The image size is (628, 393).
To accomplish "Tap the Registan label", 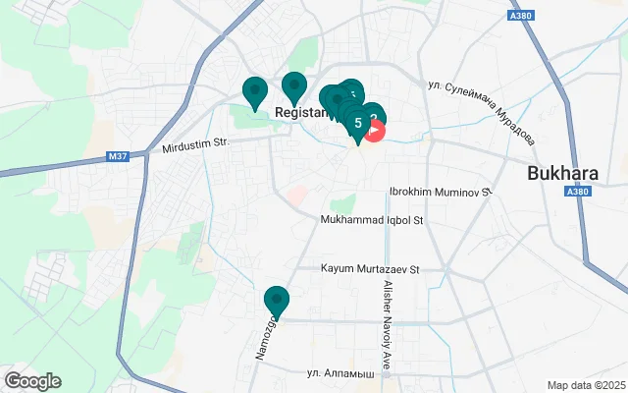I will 299,113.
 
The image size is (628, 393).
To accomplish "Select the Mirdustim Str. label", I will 194,145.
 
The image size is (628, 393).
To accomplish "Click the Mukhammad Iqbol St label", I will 373,220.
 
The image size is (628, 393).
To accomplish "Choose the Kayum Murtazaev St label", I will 370,267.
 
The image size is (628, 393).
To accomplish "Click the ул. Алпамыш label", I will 340,373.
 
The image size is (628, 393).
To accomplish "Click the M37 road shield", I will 119,156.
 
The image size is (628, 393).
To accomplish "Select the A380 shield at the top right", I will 523,16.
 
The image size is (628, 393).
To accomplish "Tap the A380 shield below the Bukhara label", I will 578,193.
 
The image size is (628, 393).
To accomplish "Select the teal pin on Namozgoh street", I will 277,301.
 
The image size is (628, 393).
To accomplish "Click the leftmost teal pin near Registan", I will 255,91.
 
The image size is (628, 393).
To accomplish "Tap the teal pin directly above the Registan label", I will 293,87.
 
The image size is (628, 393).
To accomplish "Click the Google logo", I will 32,381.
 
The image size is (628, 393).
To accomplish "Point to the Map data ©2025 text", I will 585,385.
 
